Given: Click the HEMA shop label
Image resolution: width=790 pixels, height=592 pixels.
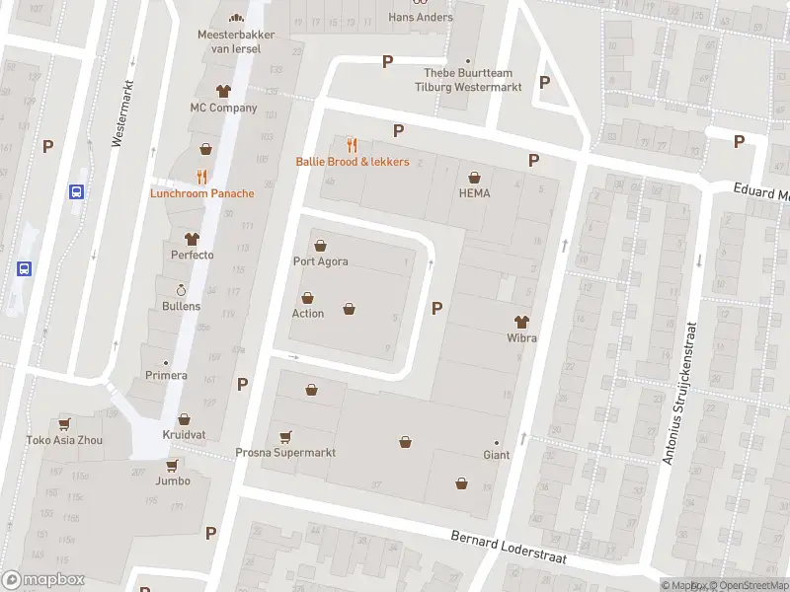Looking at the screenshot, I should (474, 193).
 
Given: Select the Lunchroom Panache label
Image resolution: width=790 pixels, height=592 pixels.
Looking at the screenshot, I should (201, 193).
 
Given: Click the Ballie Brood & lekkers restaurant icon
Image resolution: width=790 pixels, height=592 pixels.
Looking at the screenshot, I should (352, 145).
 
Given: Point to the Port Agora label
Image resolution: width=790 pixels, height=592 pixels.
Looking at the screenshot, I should (320, 261).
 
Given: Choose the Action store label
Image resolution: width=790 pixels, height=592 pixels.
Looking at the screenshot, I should (307, 314).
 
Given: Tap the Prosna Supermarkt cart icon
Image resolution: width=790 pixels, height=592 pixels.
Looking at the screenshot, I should (285, 437).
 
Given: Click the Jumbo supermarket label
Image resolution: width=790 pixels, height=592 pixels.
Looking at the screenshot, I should (172, 481).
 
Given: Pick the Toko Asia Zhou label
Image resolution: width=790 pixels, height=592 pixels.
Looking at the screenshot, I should (63, 440).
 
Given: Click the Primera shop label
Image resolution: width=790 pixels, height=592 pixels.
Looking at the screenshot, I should (166, 375).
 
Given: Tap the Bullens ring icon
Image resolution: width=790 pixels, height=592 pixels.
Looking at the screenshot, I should (181, 290).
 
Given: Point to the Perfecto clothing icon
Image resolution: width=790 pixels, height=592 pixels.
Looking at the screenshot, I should (192, 239).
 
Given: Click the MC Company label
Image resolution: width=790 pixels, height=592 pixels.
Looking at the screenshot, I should (223, 108).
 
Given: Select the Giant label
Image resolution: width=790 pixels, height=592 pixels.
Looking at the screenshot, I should (496, 455).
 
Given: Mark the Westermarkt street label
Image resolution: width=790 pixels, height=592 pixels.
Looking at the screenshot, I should (122, 112).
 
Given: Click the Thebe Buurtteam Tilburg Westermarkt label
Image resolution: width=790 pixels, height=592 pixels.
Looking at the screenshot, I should (471, 79).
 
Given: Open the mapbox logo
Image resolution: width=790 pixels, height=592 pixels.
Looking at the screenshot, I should (43, 580).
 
